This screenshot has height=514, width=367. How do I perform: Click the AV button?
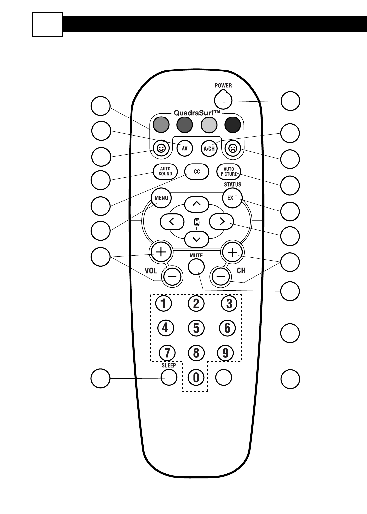tap(184, 148)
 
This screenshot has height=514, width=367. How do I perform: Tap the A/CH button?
tap(209, 148)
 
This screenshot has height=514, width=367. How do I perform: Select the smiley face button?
tap(161, 148)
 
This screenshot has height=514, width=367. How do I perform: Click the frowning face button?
tap(233, 148)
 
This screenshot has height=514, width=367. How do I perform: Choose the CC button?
tap(197, 172)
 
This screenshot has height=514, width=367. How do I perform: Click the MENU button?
tap(161, 198)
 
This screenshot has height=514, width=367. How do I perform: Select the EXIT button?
tap(232, 198)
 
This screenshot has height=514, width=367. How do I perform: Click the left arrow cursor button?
tap(172, 222)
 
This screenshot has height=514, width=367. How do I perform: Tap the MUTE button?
tap(196, 266)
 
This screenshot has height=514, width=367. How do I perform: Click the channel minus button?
tap(220, 276)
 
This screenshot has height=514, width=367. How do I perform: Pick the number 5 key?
tap(196, 328)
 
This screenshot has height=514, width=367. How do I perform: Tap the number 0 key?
tap(196, 377)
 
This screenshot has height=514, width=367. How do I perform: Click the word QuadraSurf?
tap(197, 113)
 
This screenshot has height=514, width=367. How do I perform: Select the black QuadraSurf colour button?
tap(233, 125)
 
